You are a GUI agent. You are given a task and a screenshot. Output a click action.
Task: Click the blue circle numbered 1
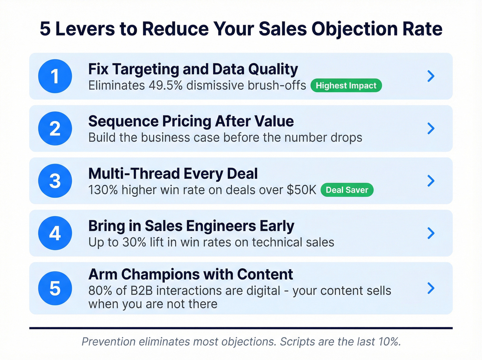[55, 76]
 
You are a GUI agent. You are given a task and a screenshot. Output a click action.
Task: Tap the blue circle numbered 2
[55, 128]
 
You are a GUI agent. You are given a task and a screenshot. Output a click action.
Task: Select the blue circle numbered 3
[55, 181]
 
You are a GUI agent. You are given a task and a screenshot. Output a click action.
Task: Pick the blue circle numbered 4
[55, 233]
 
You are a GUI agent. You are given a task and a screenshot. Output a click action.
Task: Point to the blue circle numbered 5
[55, 288]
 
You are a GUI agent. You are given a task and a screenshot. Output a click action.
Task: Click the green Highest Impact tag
[346, 85]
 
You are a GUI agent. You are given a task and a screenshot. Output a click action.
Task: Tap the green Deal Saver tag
[347, 190]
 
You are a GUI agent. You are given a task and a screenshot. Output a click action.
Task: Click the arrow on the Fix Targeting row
[431, 76]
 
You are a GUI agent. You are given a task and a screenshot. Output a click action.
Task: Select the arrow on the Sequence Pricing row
[431, 128]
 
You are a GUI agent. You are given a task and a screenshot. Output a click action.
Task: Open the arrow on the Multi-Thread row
[431, 181]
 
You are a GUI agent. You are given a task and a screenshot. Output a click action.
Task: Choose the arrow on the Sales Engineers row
[431, 233]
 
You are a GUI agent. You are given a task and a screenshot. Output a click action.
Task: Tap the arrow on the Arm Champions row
[431, 288]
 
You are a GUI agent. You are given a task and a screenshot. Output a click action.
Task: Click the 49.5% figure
[165, 85]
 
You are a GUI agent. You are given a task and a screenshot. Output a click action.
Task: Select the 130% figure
[103, 190]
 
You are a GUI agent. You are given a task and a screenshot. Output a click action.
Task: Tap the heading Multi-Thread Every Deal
[173, 174]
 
